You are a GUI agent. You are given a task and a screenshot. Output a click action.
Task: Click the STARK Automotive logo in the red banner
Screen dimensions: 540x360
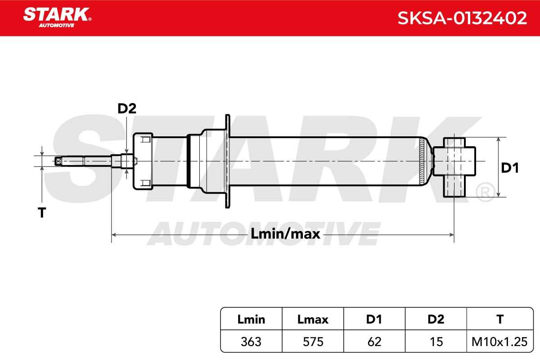[x=57, y=18]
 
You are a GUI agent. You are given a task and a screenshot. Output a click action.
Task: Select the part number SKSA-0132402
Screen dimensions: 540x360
[x=462, y=18]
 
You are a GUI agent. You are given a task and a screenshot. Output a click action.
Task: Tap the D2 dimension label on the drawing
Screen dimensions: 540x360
[x=127, y=108]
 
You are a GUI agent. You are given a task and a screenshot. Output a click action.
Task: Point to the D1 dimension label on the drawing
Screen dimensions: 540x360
[x=509, y=168]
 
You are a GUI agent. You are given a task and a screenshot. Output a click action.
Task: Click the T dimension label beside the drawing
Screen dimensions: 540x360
[x=42, y=213]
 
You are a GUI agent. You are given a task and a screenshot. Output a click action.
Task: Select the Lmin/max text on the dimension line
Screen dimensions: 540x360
[x=285, y=234]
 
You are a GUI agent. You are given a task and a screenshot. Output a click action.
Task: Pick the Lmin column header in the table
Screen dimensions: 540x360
[x=251, y=319]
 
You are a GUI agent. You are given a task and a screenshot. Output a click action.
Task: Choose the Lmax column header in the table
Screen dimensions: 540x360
[x=313, y=319]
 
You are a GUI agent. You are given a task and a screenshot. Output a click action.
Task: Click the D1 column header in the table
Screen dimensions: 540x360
[x=374, y=319]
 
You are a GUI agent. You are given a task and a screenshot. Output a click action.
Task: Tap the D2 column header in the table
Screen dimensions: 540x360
[x=436, y=319]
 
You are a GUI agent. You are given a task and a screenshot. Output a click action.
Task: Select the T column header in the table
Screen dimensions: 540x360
[x=500, y=319]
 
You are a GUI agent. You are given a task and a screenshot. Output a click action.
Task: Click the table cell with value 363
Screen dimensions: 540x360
[x=251, y=342]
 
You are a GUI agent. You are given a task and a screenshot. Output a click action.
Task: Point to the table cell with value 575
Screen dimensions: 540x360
[x=313, y=342]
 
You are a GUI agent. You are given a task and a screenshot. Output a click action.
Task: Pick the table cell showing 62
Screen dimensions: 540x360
[x=374, y=342]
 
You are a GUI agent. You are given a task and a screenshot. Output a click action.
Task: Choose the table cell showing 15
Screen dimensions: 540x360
[x=436, y=342]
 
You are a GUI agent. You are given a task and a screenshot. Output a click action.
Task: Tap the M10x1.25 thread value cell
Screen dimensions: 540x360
[x=500, y=342]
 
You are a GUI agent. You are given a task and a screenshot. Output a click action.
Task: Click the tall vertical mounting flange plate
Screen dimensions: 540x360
[x=227, y=161]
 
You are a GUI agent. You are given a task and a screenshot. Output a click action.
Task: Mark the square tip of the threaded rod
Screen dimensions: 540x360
[x=58, y=161]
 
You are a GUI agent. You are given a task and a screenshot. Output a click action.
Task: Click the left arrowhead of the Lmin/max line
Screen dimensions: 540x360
[x=114, y=234]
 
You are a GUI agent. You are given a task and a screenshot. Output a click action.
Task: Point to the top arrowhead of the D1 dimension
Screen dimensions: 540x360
[x=498, y=139]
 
